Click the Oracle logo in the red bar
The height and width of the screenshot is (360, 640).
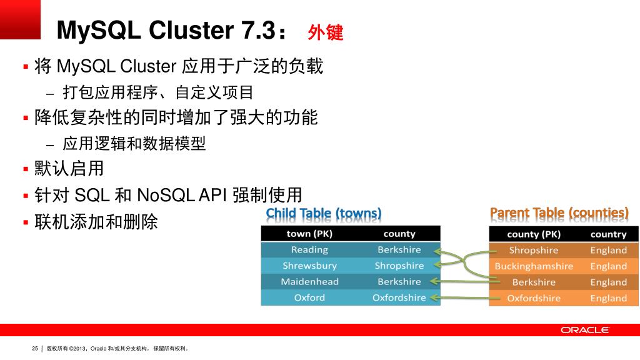[584, 329]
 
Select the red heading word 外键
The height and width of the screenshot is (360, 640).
[326, 32]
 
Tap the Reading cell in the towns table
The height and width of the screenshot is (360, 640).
[309, 250]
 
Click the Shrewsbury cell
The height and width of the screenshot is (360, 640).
[309, 266]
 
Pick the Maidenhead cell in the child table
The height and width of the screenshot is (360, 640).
[309, 282]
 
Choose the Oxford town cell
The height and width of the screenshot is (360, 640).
[309, 297]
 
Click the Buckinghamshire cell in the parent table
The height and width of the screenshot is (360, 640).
[533, 266]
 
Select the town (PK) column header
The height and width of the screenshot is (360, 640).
[309, 234]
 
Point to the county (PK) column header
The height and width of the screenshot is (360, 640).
[533, 234]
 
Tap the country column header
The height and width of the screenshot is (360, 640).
[607, 234]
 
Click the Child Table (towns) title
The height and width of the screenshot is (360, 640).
[324, 214]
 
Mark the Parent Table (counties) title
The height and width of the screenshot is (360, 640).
[559, 213]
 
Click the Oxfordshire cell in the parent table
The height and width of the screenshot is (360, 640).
[533, 298]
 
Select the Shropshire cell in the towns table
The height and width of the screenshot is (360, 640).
[399, 266]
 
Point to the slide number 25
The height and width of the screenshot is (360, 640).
[35, 349]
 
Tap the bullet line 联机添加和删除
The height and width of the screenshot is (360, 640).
[96, 221]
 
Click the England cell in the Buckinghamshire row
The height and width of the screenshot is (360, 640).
[607, 266]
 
